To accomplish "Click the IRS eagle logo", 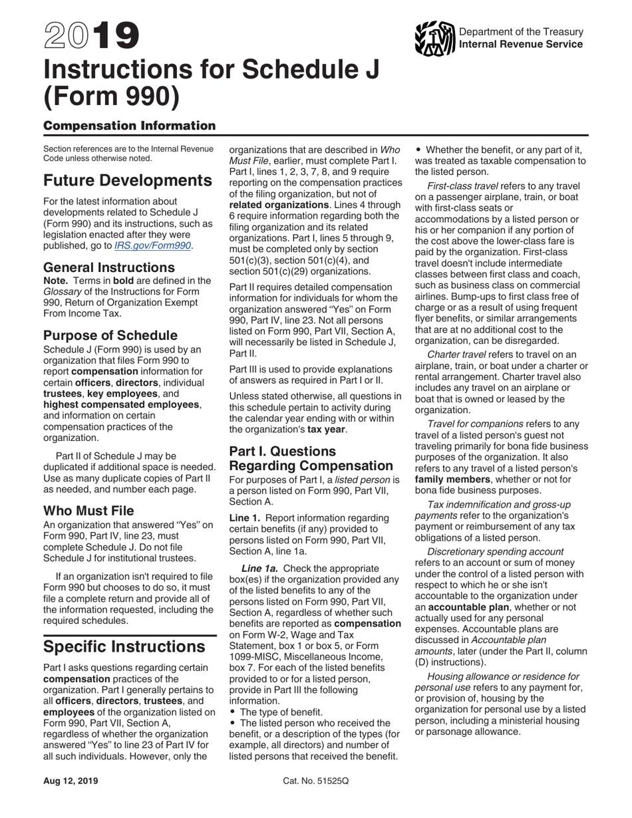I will (x=434, y=39).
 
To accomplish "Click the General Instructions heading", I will (x=109, y=267).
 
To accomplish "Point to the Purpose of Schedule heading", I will (x=110, y=335).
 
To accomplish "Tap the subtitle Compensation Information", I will (x=129, y=126).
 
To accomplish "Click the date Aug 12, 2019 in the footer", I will (x=71, y=781).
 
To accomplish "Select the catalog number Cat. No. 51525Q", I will (x=315, y=781).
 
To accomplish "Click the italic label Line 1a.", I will (x=259, y=568).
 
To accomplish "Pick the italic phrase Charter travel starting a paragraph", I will (x=456, y=354).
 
